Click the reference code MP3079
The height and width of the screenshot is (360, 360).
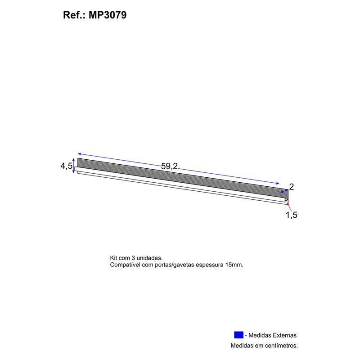pyautogui.click(x=108, y=15)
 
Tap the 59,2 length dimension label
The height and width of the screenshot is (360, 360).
pyautogui.click(x=169, y=166)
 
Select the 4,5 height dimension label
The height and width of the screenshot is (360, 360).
pyautogui.click(x=66, y=166)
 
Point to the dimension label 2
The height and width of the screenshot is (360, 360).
pyautogui.click(x=291, y=187)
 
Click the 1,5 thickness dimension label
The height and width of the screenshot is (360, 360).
pyautogui.click(x=291, y=215)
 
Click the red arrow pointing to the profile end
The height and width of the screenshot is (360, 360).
pyautogui.click(x=289, y=207)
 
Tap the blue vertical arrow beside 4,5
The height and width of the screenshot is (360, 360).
pyautogui.click(x=73, y=166)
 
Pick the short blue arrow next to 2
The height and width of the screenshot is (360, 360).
pyautogui.click(x=284, y=191)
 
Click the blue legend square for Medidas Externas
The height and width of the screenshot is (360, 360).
pyautogui.click(x=238, y=335)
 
